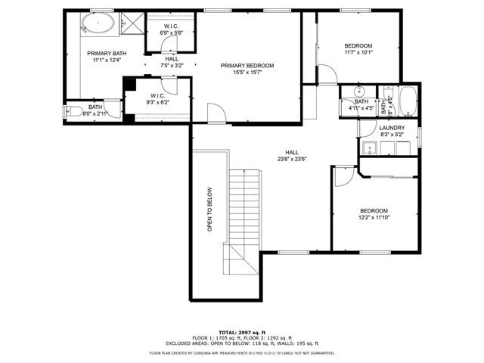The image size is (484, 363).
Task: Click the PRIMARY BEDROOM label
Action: (247, 66)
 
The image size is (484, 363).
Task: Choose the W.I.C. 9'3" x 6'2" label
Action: (158, 99)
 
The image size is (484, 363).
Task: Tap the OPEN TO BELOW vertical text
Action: (209, 209)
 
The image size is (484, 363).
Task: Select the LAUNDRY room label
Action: (392, 128)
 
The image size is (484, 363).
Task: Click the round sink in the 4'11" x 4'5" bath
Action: (359, 92)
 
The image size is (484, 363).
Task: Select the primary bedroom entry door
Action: (216, 114)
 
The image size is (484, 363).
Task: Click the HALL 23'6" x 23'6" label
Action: (291, 155)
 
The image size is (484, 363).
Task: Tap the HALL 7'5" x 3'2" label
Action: (172, 62)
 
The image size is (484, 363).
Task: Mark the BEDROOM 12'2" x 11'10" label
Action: (374, 214)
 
